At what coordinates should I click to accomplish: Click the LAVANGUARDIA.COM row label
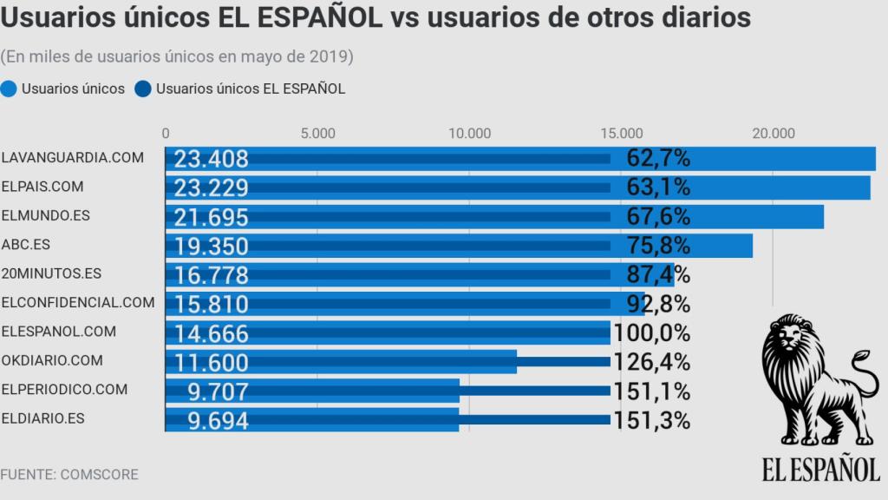coord(72,157)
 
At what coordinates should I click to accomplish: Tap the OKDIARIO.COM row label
coord(52,360)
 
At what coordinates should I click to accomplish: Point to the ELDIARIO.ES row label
coord(43,418)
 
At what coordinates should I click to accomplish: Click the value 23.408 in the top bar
coord(211,159)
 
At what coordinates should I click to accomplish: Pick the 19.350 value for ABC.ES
coord(211,247)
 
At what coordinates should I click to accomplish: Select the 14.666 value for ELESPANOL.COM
coord(211,334)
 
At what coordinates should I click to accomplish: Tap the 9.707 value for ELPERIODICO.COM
coord(218,391)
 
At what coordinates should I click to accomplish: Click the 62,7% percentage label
coord(657,158)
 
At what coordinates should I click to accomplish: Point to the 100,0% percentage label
coord(651,333)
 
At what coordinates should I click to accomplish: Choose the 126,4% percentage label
coord(651,362)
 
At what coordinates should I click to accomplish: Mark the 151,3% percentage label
coord(651,421)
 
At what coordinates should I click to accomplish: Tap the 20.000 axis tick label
coord(773,133)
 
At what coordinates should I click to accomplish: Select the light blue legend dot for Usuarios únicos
coord(10,89)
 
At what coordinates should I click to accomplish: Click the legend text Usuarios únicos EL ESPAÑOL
coord(251,89)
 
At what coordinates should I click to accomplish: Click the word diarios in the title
coord(702,17)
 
